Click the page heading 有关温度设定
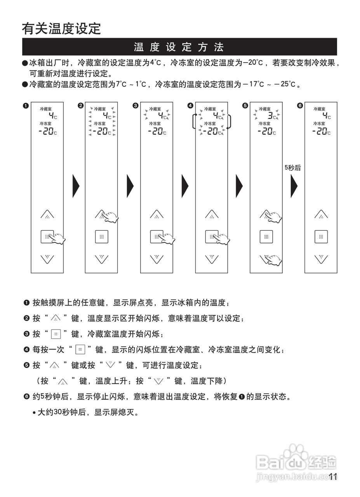[61, 28]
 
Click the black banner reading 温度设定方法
[179, 47]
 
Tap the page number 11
[332, 477]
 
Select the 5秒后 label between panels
[293, 168]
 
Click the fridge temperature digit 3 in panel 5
[270, 115]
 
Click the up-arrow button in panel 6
[321, 214]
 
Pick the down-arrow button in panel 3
[157, 258]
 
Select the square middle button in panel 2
[102, 236]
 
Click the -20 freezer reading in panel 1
[48, 132]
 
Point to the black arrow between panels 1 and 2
[76, 186]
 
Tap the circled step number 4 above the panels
[190, 106]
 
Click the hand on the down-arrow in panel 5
[273, 260]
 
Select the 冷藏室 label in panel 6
[320, 109]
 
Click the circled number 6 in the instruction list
[26, 397]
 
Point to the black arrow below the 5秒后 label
[294, 186]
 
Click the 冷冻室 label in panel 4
[210, 123]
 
